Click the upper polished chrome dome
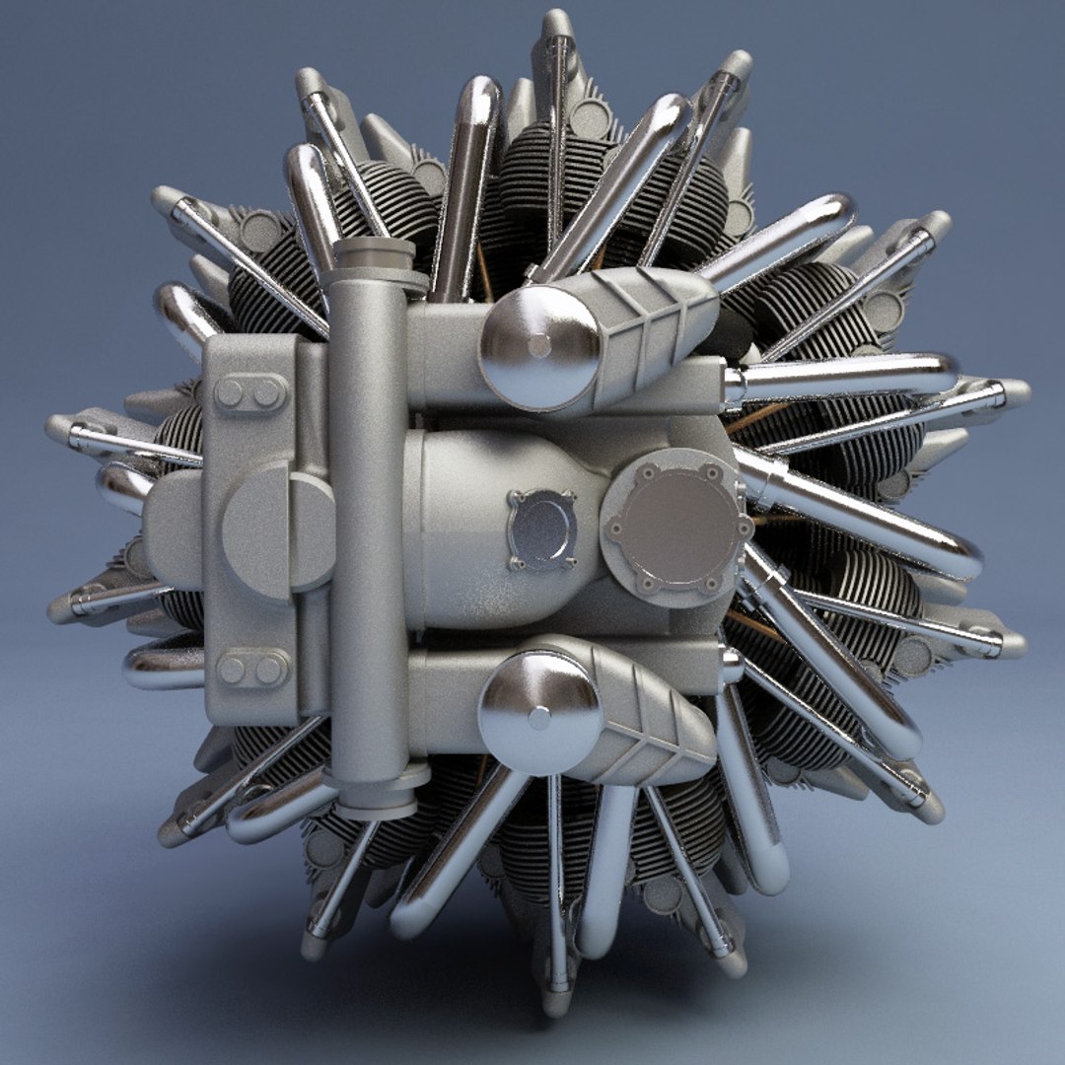tap(537, 347)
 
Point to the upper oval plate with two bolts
tap(248, 393)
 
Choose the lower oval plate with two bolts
tap(249, 669)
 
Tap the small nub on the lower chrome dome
tap(539, 718)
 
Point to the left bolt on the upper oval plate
tap(230, 393)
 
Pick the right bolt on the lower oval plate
tap(268, 670)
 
